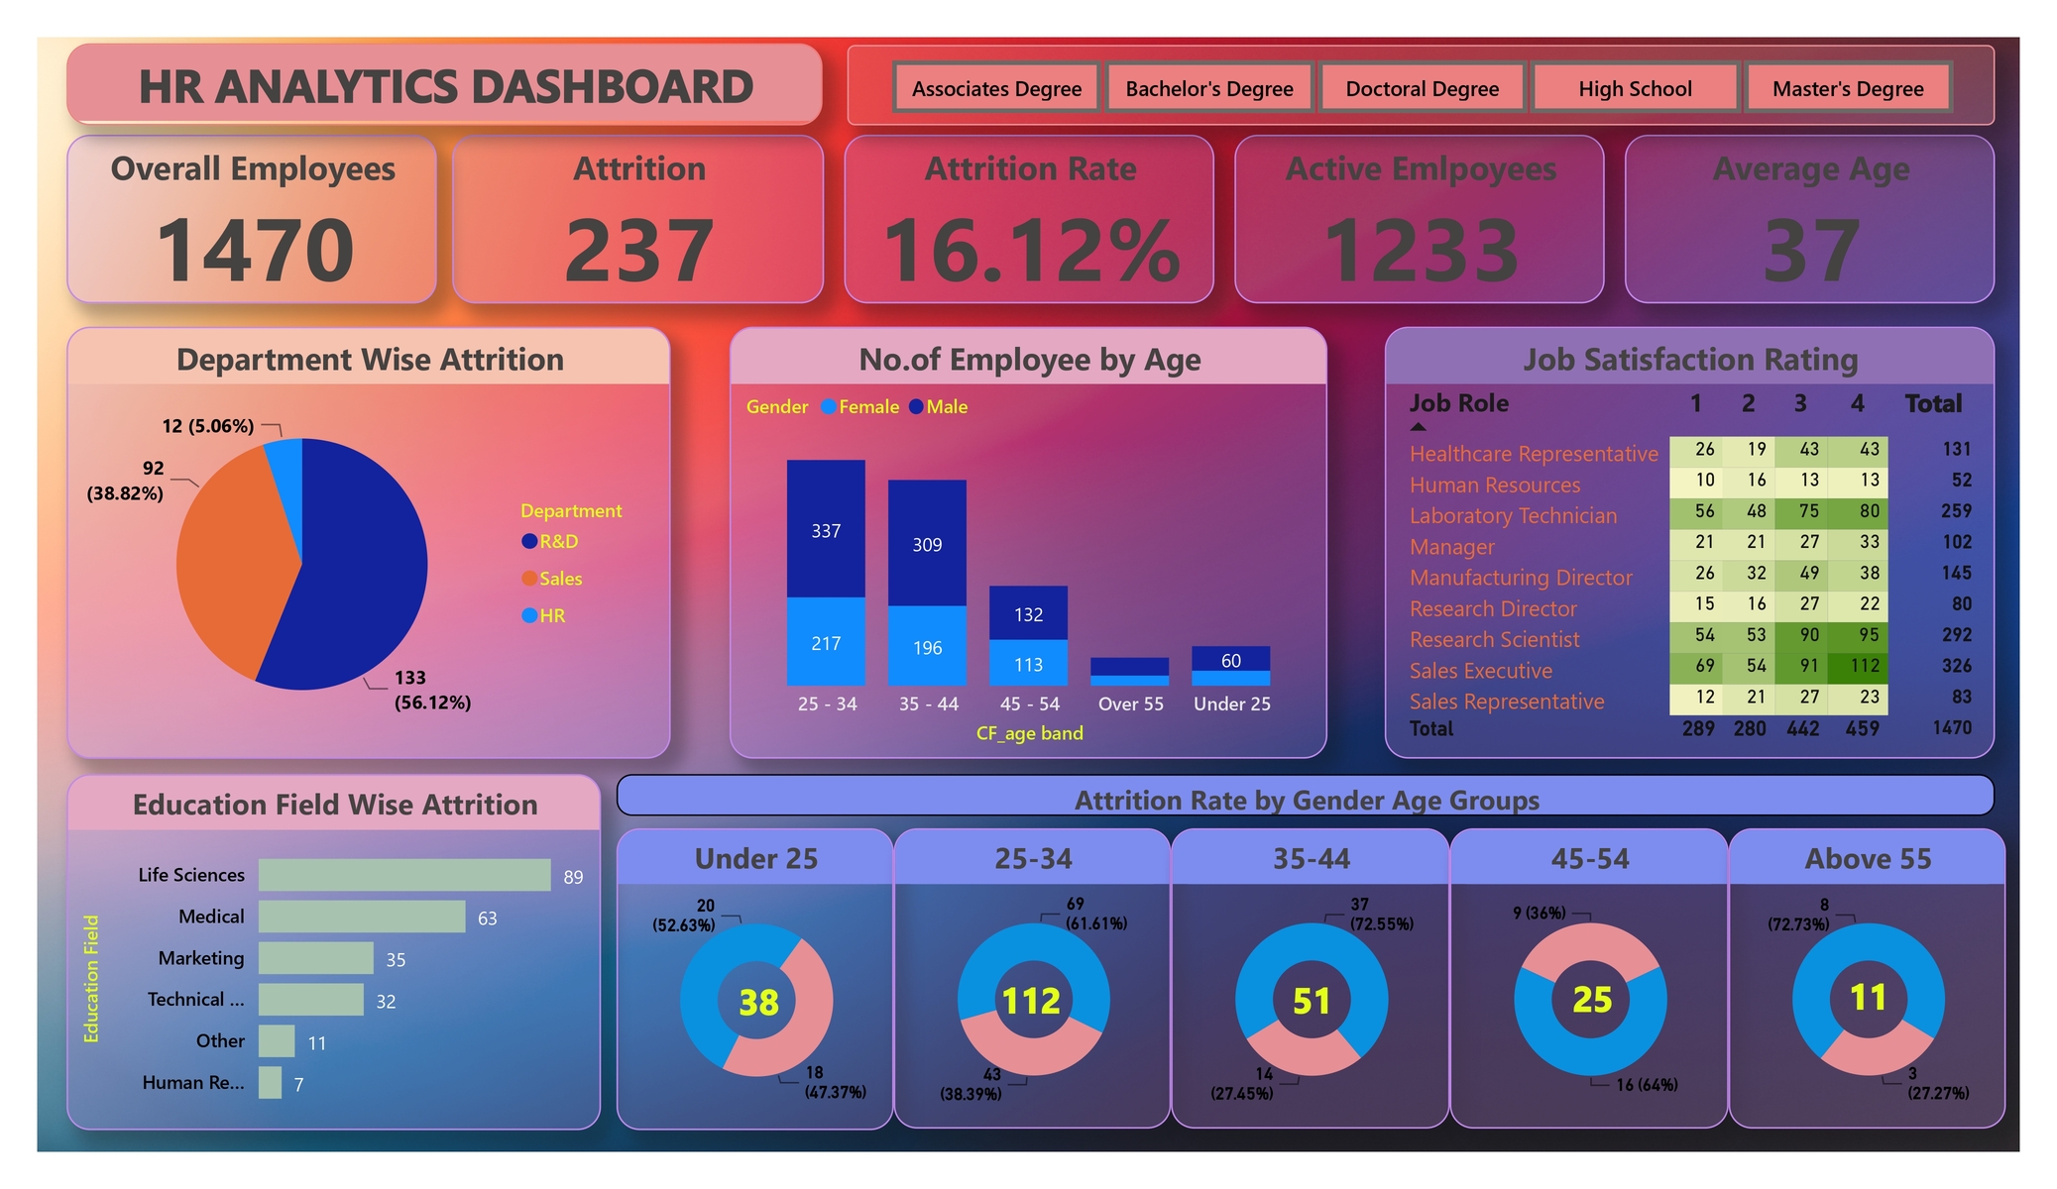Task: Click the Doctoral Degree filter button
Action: [1422, 88]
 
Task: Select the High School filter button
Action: [1635, 88]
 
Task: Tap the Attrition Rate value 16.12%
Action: [1031, 250]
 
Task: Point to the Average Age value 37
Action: [1810, 250]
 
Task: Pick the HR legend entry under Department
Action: [551, 615]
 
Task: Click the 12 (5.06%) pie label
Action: [208, 426]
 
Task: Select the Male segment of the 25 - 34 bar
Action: [826, 529]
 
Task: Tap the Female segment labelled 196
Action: [927, 646]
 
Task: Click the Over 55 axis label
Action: [1130, 703]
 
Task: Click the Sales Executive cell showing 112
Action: [1863, 666]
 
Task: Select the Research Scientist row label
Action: [1494, 639]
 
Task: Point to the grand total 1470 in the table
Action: [1951, 727]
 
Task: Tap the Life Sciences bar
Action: [403, 875]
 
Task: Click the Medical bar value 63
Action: [487, 919]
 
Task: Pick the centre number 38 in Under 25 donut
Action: [758, 1002]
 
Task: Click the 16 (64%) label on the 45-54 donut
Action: [1647, 1085]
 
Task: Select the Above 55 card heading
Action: [1868, 858]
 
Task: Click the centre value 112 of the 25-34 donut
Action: [1032, 1001]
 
